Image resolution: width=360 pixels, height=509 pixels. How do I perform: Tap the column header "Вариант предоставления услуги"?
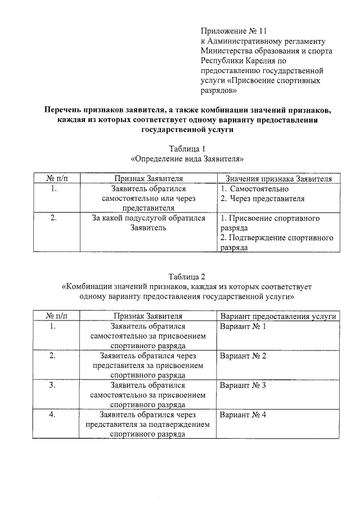coord(278,316)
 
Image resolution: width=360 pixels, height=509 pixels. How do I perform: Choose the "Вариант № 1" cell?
coord(243,327)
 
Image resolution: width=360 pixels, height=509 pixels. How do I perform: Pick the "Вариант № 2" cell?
coord(243,356)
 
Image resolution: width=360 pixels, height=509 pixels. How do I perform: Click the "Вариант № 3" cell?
coord(243,386)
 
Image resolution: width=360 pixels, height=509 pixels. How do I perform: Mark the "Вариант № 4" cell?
coord(243,415)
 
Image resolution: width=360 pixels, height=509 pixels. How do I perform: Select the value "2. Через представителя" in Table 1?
coord(263,199)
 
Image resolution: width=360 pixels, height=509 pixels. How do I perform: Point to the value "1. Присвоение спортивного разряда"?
coord(271,223)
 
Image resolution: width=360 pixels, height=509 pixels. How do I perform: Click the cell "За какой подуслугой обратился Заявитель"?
coord(148,223)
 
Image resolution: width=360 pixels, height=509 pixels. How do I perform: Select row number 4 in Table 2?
coord(52,415)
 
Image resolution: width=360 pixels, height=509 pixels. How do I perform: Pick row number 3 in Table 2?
coord(52,386)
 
